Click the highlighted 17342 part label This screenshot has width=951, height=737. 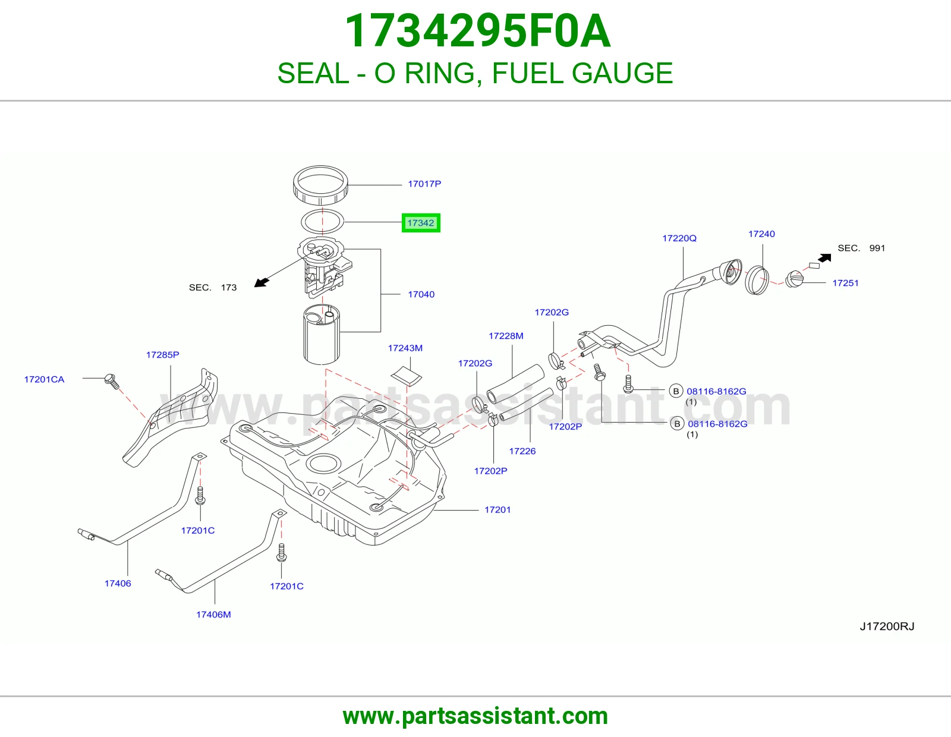(x=421, y=223)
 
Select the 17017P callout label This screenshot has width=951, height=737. (x=424, y=184)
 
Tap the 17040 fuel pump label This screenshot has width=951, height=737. (x=421, y=294)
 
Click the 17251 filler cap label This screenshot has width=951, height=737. (x=845, y=283)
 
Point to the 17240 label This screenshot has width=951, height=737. (x=761, y=234)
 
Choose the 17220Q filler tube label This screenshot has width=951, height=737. (x=679, y=238)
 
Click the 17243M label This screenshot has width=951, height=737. (x=405, y=348)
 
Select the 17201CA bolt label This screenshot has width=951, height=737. (x=44, y=379)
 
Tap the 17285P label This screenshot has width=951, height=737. (x=162, y=354)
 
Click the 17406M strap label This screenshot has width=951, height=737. (x=213, y=615)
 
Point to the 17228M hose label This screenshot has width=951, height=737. (x=506, y=336)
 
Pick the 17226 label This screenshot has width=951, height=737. (x=522, y=451)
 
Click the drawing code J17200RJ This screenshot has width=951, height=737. (x=887, y=626)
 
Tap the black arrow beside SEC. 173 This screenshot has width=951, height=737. (x=262, y=282)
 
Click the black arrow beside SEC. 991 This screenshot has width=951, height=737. (x=824, y=258)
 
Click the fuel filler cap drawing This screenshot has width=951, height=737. (x=795, y=279)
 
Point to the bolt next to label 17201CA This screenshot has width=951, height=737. (x=112, y=381)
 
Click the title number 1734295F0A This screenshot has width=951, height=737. (x=477, y=31)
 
